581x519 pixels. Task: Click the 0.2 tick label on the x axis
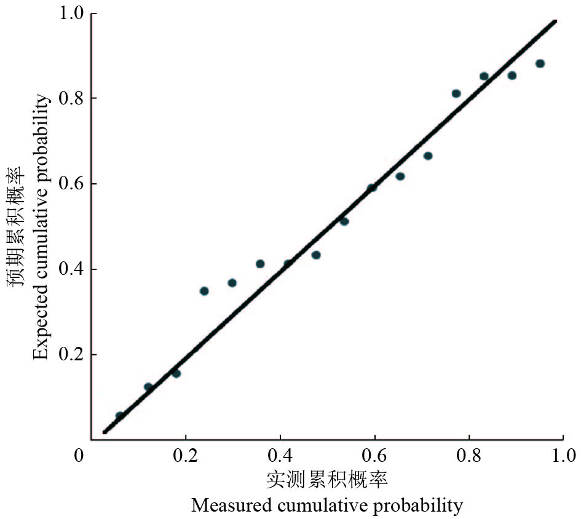click(185, 456)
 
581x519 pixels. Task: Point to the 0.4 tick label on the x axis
click(280, 456)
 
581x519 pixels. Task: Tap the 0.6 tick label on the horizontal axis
click(374, 456)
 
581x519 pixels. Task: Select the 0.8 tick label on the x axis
click(469, 456)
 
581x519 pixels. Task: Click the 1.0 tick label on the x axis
click(563, 456)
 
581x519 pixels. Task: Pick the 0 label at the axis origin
click(79, 456)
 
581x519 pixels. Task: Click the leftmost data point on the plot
click(120, 416)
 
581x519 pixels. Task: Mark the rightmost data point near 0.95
click(540, 63)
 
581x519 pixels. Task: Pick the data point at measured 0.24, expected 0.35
click(204, 291)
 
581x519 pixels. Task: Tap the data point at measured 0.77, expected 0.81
click(456, 93)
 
